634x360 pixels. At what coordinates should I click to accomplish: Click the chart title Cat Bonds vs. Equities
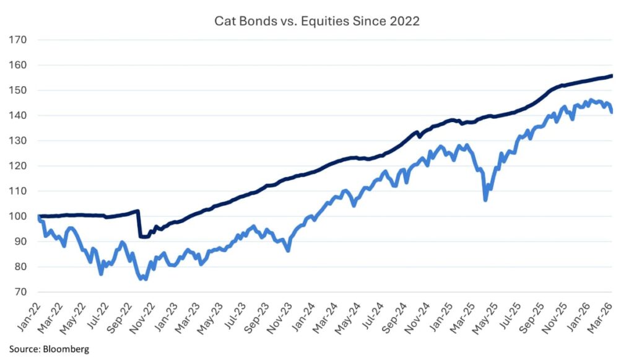[316, 21]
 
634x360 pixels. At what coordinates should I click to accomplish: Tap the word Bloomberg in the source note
[66, 349]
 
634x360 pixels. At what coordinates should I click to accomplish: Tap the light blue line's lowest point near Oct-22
[143, 279]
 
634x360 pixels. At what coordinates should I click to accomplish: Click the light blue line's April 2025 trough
[485, 200]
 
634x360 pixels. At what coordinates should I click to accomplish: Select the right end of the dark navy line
[612, 76]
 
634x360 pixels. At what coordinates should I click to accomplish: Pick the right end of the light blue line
[612, 112]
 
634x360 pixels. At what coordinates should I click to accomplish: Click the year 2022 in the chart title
[406, 21]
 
